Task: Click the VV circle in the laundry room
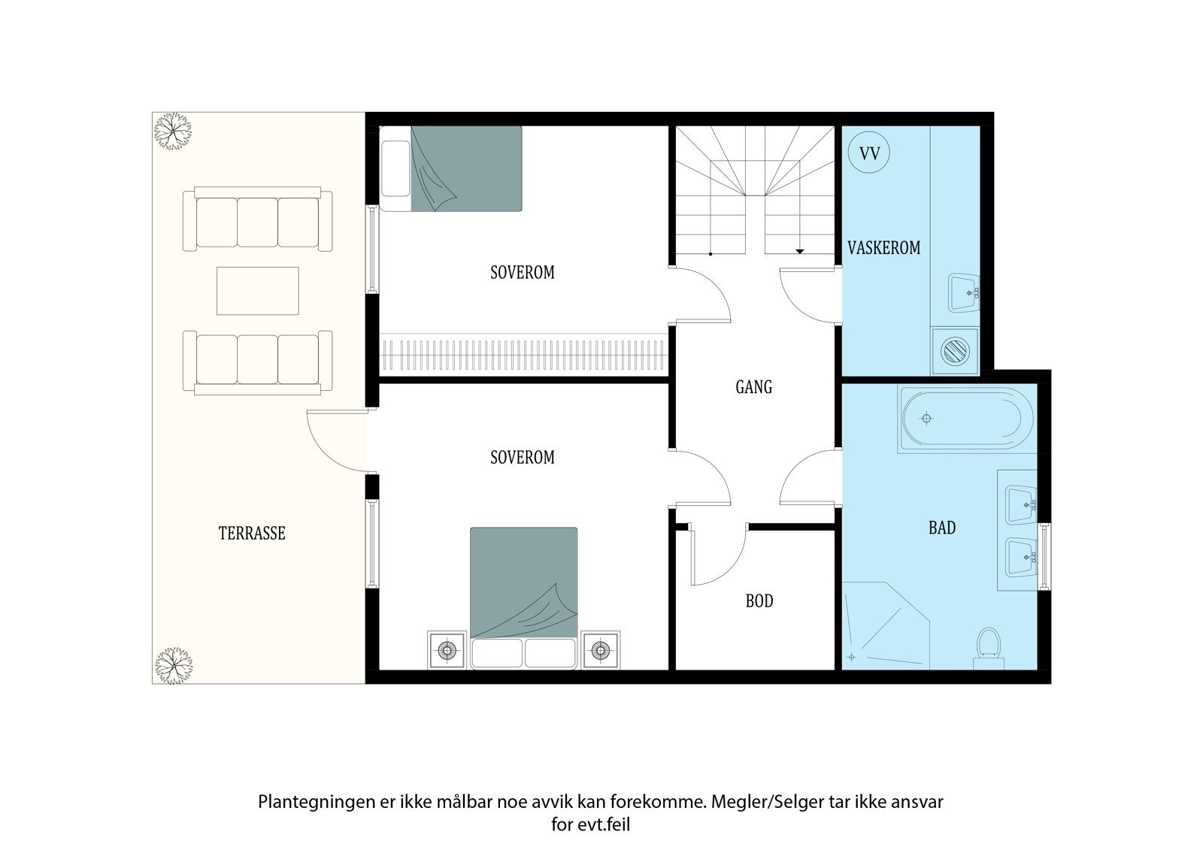click(x=868, y=153)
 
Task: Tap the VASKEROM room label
click(x=883, y=247)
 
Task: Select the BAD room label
click(x=942, y=528)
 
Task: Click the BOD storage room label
click(x=759, y=600)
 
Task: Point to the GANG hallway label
click(x=753, y=386)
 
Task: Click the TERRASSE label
click(x=251, y=533)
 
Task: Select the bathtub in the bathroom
click(x=967, y=419)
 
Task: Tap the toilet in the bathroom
click(x=989, y=650)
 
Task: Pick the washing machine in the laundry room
click(x=956, y=352)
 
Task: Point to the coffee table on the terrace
click(x=258, y=291)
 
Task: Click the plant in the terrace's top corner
click(x=173, y=132)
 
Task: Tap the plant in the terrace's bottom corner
click(x=173, y=666)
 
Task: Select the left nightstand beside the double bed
click(x=447, y=651)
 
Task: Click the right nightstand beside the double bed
click(x=601, y=651)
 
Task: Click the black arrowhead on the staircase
click(x=800, y=251)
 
